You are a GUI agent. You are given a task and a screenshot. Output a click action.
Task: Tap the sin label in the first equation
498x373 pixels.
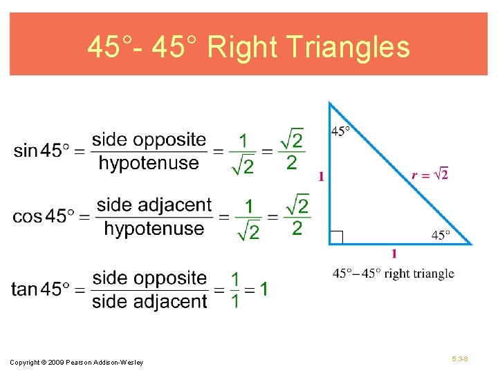(x=25, y=150)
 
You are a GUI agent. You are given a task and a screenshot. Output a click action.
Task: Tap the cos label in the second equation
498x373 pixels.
(x=27, y=216)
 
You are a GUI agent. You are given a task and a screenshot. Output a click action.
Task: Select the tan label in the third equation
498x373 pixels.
(x=24, y=289)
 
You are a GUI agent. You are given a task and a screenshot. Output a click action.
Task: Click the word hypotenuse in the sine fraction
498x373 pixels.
(x=149, y=163)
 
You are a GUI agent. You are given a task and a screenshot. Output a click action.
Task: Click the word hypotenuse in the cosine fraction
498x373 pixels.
(x=154, y=229)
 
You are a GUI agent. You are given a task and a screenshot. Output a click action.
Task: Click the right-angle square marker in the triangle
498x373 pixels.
(x=336, y=237)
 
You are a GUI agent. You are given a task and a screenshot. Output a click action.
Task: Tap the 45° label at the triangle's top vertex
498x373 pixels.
(x=340, y=131)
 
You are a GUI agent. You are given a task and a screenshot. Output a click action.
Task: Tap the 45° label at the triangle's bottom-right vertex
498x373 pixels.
(x=441, y=235)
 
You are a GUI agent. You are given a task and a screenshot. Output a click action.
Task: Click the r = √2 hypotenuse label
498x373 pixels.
(x=430, y=174)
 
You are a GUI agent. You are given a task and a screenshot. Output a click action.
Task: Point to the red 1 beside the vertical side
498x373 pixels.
(x=321, y=176)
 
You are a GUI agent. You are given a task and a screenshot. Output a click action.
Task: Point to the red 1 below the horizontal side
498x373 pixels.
(x=394, y=254)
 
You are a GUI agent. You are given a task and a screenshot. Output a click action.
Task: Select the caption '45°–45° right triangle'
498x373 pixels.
(x=393, y=274)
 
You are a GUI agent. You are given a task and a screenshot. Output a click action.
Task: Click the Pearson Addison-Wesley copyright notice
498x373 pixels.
(x=77, y=363)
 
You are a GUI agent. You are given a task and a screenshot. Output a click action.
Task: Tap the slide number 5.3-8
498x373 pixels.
(x=459, y=360)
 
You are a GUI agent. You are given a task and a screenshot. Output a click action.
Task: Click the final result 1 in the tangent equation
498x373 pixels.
(x=264, y=288)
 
